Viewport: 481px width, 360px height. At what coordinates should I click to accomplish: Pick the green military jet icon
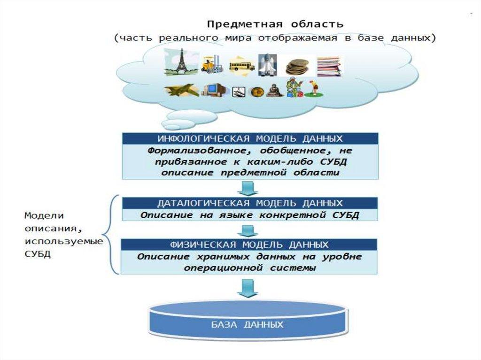[181, 90]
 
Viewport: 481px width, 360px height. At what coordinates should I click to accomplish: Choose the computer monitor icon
[214, 89]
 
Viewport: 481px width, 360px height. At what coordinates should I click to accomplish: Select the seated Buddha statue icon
[273, 90]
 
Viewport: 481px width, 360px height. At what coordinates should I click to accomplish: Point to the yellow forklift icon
[209, 65]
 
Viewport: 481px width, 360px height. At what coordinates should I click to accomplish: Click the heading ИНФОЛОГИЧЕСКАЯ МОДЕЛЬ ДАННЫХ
[250, 139]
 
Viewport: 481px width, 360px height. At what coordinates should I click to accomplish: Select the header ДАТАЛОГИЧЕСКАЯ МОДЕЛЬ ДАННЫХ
[250, 203]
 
